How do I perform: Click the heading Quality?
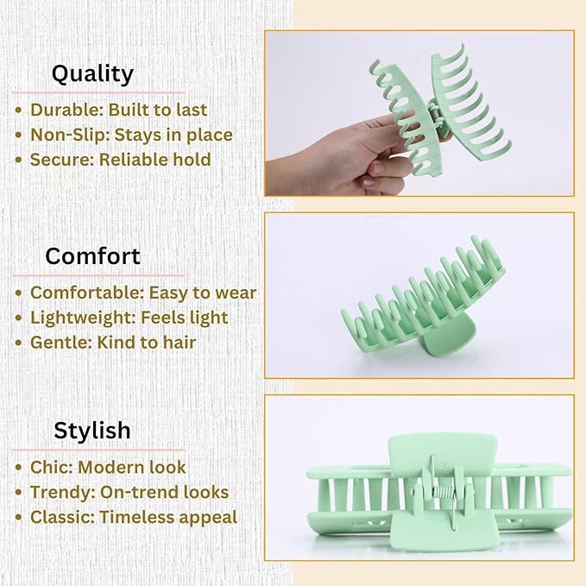[x=92, y=73]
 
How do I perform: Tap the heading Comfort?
[x=92, y=256]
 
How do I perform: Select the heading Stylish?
[x=92, y=430]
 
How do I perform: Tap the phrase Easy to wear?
[x=203, y=293]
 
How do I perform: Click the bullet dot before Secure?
[x=19, y=161]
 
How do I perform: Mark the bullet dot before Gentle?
[x=19, y=343]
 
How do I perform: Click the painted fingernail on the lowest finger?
[x=369, y=182]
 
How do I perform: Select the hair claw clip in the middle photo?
[x=414, y=298]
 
